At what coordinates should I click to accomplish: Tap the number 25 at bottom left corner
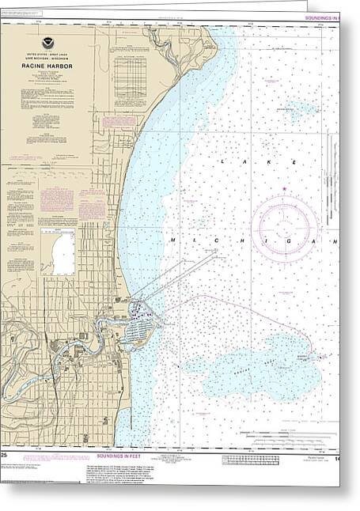5,456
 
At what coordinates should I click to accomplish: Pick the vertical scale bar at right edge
350,237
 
